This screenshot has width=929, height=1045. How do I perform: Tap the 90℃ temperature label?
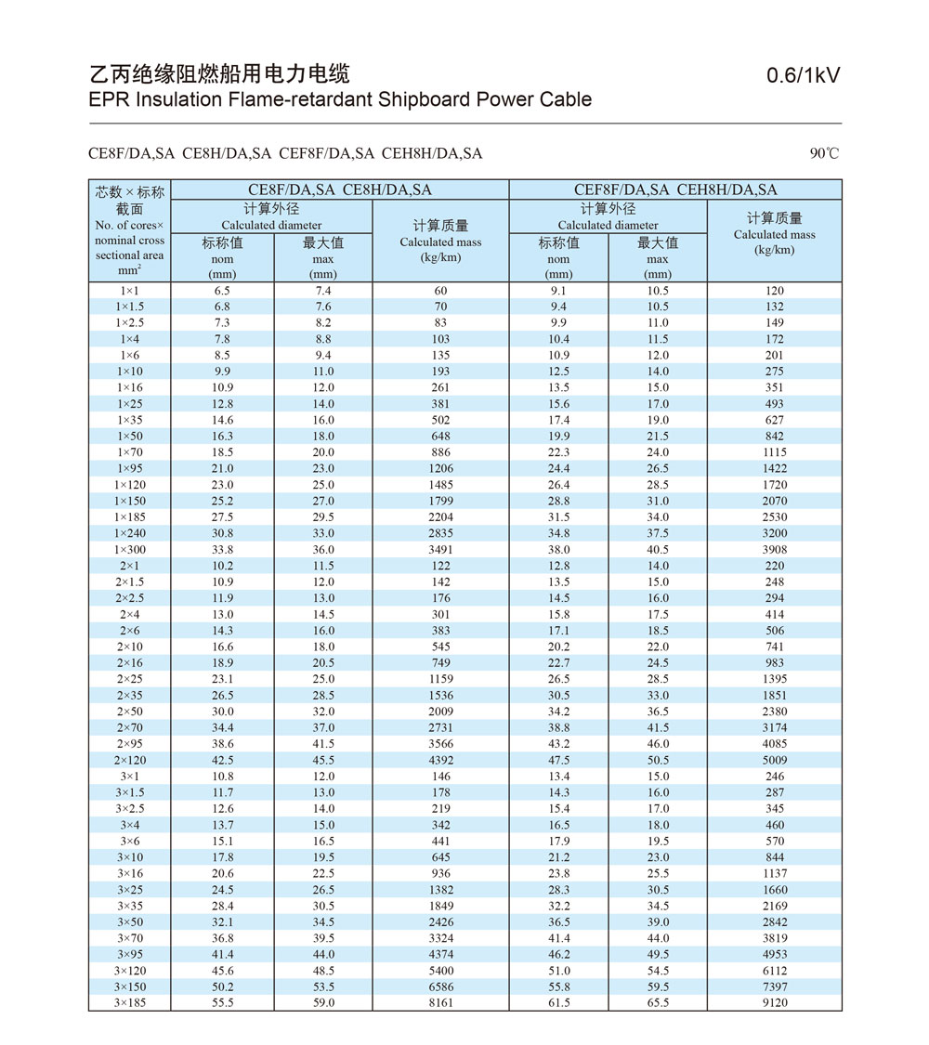click(824, 153)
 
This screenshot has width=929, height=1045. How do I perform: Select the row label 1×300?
click(130, 549)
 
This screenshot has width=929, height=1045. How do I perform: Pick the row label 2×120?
click(130, 760)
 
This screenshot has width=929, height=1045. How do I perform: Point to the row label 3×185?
click(130, 1002)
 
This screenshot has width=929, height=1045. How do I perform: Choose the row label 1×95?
click(130, 468)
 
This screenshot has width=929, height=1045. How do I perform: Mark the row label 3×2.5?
click(130, 808)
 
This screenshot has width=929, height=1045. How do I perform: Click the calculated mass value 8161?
click(440, 1002)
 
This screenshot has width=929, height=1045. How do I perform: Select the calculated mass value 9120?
click(775, 1002)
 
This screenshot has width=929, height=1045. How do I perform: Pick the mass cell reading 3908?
click(775, 549)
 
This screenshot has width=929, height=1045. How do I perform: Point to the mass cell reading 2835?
click(440, 533)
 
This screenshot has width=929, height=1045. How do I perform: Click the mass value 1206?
click(440, 468)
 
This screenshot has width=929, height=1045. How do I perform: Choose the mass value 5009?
click(775, 760)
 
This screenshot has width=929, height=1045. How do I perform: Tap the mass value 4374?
click(440, 954)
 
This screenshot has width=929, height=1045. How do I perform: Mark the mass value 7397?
click(775, 986)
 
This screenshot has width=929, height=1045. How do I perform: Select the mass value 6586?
click(440, 986)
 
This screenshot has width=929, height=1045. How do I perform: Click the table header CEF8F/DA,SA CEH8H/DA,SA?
click(675, 189)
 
